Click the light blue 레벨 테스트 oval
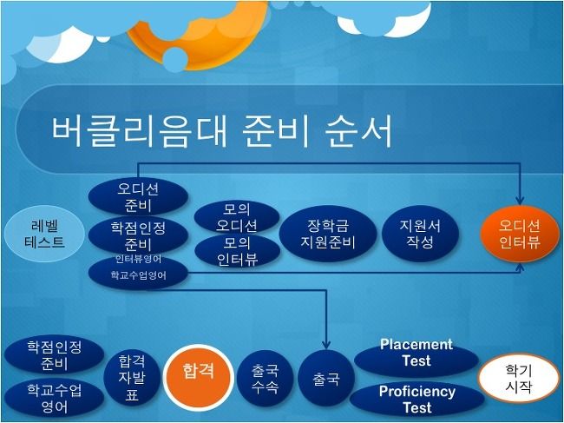tap(44, 234)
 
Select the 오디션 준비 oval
tap(138, 197)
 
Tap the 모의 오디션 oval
tap(237, 217)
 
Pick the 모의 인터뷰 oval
tap(238, 251)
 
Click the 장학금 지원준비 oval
tap(328, 234)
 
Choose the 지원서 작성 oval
tap(420, 234)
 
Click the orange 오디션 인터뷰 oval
tap(520, 234)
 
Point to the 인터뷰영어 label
tap(139, 259)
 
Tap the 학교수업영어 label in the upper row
tap(139, 275)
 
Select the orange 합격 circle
tap(199, 378)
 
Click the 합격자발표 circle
tap(132, 378)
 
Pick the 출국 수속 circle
tap(266, 378)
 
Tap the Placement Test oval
tap(416, 358)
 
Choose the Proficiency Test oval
tap(416, 399)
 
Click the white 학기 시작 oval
tap(518, 378)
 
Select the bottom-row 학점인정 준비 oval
tap(55, 355)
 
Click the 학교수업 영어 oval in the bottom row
tap(55, 398)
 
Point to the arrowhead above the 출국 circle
tap(326, 345)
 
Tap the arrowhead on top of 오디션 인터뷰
tap(520, 201)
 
